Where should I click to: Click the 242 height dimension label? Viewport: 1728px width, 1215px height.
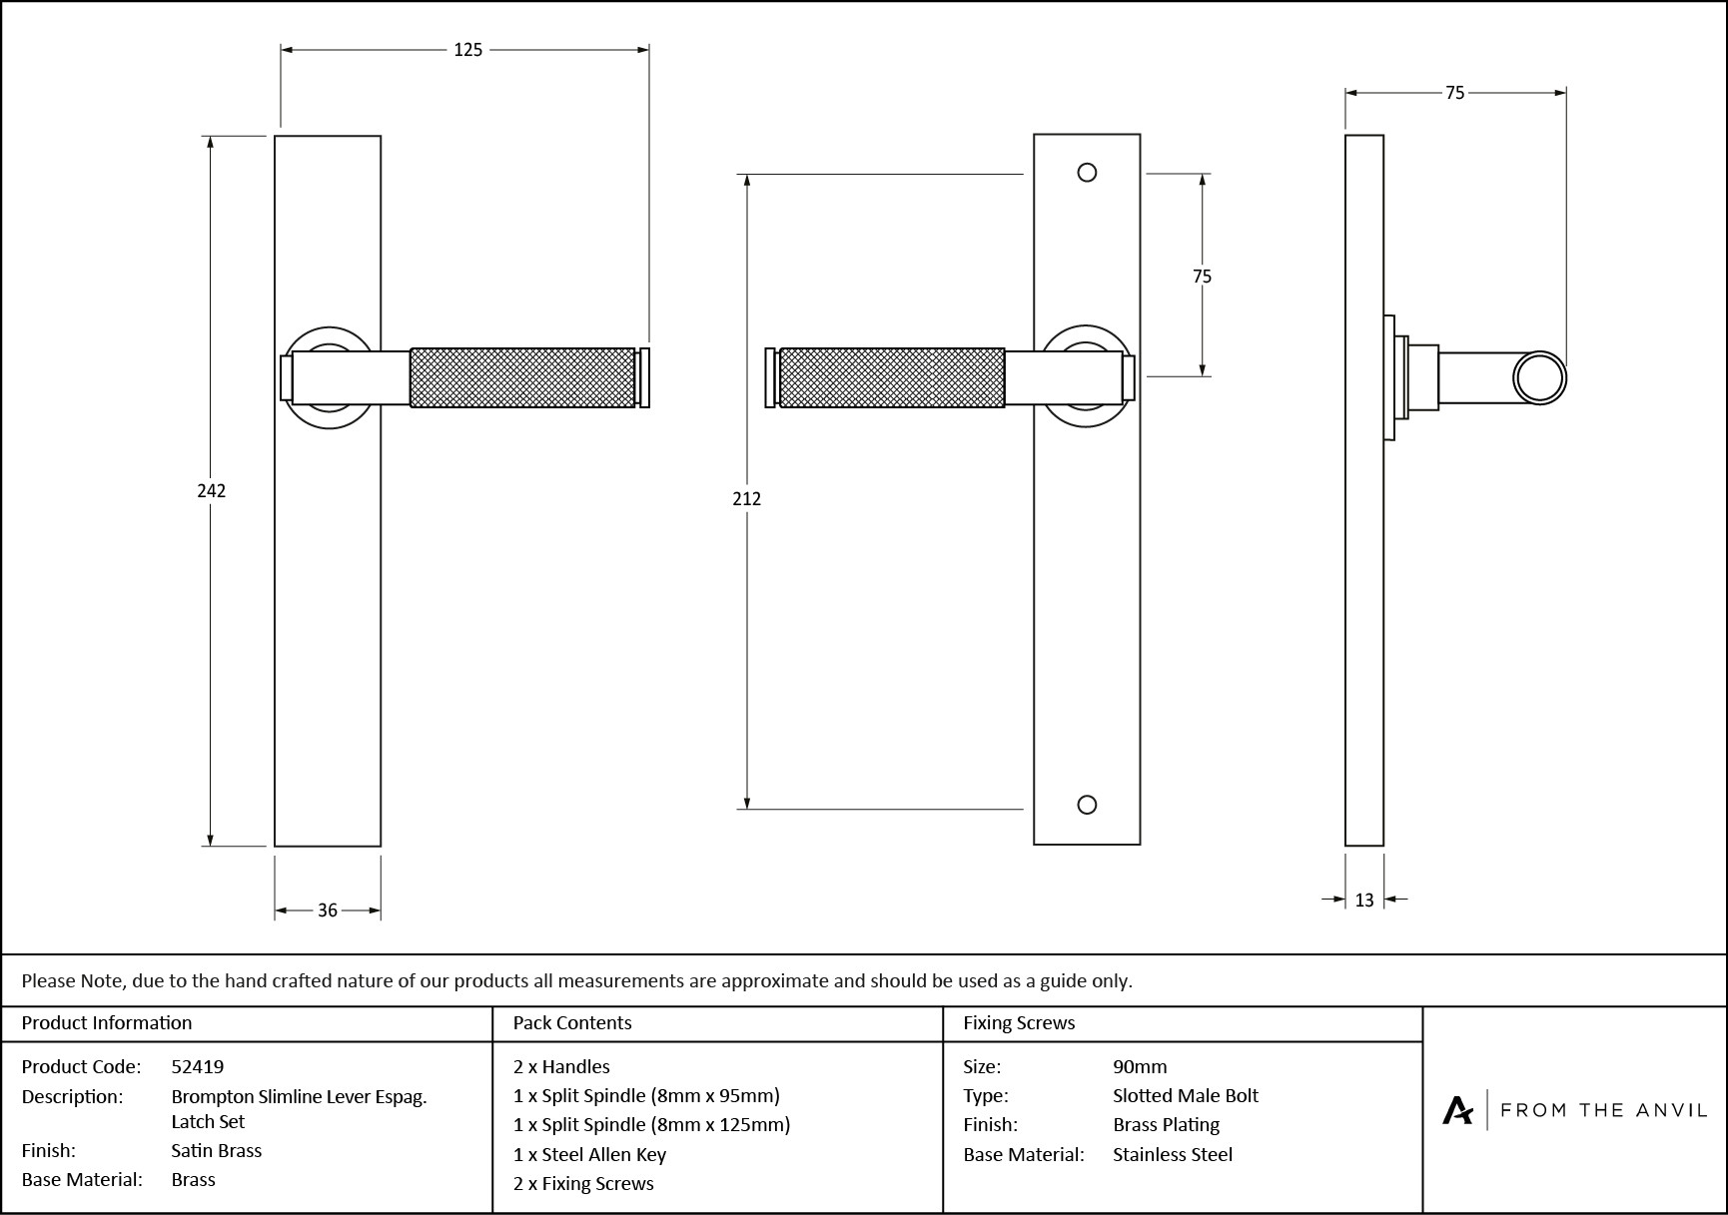(212, 490)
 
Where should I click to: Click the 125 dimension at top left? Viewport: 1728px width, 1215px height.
(467, 50)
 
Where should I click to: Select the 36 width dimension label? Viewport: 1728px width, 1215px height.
(328, 910)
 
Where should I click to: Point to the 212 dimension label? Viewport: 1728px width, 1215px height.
(746, 498)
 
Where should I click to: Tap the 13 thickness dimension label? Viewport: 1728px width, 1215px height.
(1364, 900)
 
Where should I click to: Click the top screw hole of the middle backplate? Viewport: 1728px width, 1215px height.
(1087, 173)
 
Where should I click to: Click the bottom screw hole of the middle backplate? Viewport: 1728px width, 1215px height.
(1087, 805)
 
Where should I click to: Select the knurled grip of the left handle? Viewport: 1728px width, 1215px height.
(522, 377)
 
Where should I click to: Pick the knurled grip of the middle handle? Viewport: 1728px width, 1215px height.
(891, 377)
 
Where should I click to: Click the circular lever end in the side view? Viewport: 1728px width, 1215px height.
(1539, 378)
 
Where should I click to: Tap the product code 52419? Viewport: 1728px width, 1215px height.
(198, 1066)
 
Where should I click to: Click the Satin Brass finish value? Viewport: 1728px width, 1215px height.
(217, 1150)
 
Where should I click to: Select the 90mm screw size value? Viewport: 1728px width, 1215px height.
(1140, 1066)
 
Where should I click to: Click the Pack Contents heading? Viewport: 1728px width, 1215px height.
(572, 1022)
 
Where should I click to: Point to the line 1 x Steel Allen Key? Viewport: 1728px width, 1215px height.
(589, 1154)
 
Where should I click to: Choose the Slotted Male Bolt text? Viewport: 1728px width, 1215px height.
(1186, 1095)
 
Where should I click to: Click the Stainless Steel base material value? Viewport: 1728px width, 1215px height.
(1173, 1154)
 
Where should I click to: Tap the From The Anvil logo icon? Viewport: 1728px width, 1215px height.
(1457, 1110)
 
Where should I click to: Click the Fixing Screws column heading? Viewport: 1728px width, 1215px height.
(1019, 1022)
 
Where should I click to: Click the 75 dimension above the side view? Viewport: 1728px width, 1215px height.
(1454, 93)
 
